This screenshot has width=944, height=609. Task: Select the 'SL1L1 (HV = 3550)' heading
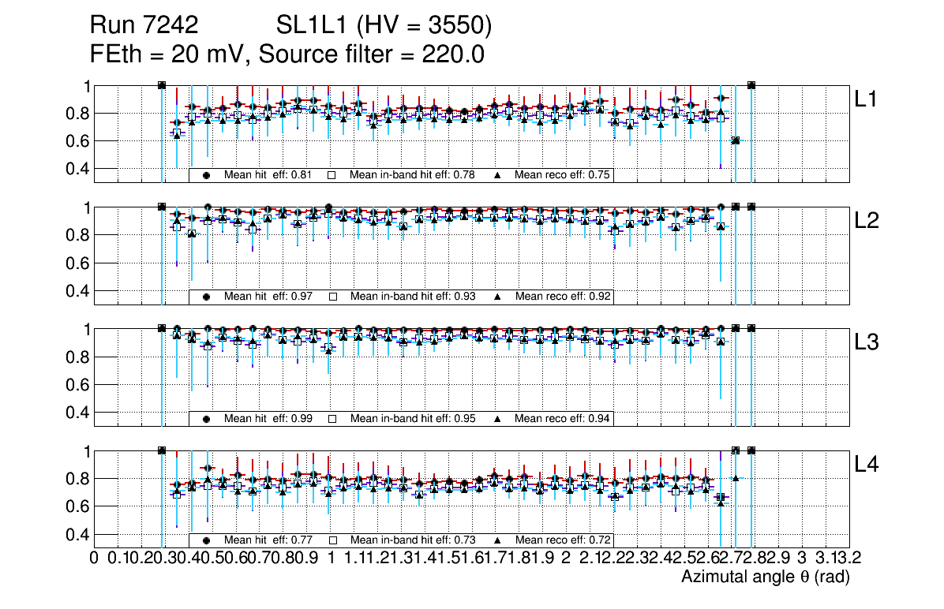(x=384, y=26)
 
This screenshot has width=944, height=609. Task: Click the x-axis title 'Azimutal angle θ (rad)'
(x=765, y=577)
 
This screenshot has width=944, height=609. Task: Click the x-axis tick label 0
(x=95, y=558)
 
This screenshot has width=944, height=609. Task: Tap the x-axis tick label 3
(x=801, y=558)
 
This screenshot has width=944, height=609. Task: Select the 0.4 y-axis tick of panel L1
(x=78, y=168)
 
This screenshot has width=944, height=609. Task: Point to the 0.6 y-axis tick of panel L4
(x=78, y=506)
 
